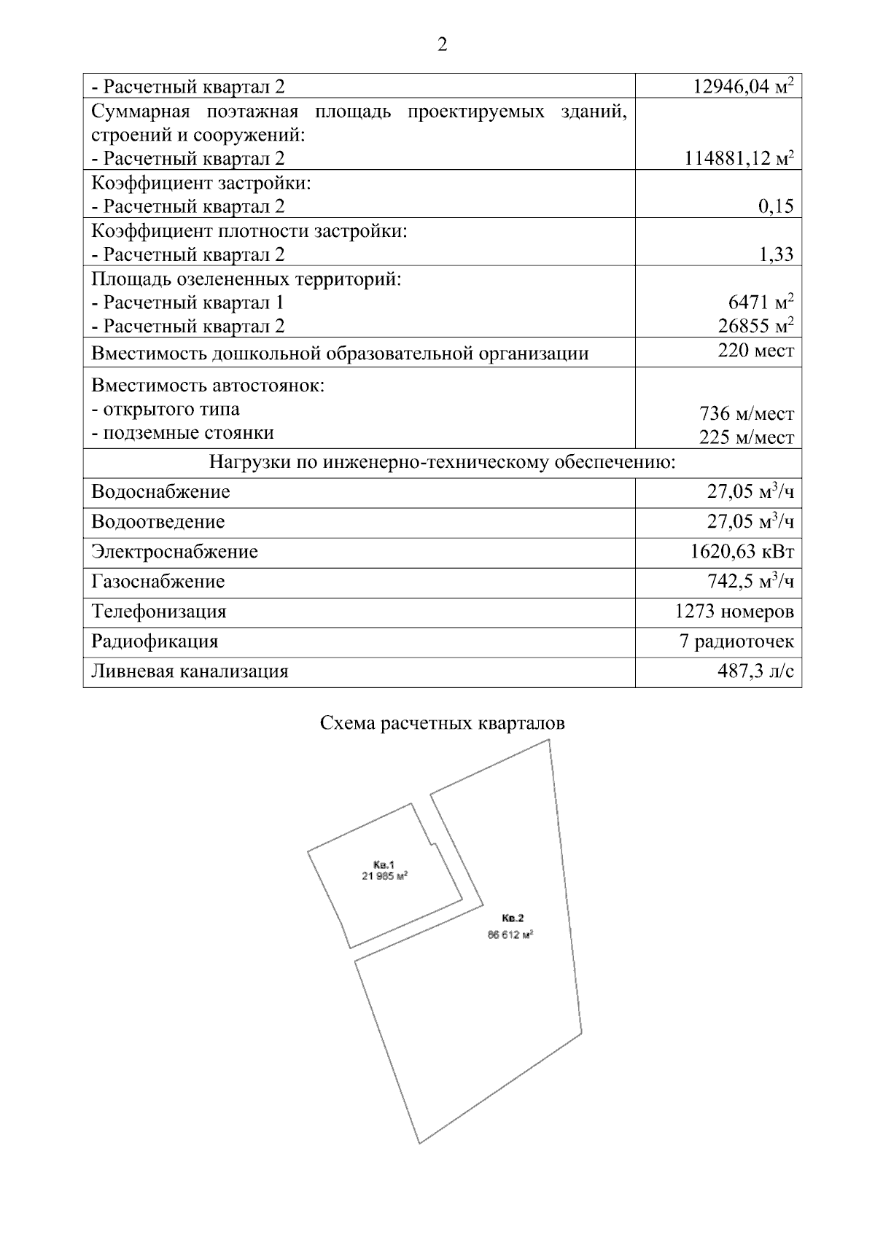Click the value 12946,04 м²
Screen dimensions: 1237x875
point(743,87)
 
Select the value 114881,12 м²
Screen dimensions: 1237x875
point(739,158)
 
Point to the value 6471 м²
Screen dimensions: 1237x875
point(761,302)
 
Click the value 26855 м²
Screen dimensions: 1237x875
point(755,325)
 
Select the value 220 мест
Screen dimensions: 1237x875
point(755,351)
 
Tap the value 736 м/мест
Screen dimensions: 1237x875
point(746,414)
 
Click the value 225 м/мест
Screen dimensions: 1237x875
point(746,437)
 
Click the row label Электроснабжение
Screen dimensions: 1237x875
point(174,552)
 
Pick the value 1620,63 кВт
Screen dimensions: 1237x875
point(742,552)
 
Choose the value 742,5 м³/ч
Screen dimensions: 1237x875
point(750,582)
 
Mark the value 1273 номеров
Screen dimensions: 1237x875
point(734,612)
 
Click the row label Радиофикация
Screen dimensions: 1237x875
point(155,641)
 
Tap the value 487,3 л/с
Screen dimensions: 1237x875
point(755,671)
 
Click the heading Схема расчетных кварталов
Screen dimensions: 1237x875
point(443,724)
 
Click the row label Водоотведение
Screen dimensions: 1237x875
point(158,522)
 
